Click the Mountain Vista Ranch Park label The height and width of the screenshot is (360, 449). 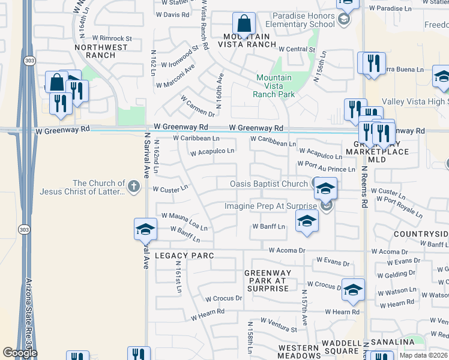click(274, 86)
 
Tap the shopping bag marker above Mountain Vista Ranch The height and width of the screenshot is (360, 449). click(244, 25)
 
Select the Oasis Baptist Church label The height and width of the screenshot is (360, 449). click(270, 184)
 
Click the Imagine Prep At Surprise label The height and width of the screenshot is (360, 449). click(271, 206)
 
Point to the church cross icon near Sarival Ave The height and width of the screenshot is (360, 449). click(134, 187)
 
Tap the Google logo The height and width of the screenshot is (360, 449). click(19, 353)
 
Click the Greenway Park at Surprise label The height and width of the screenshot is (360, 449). click(268, 280)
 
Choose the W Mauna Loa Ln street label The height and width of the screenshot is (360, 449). click(184, 221)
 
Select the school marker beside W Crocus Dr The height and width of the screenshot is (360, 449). click(353, 289)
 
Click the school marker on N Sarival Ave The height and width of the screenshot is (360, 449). click(145, 229)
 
